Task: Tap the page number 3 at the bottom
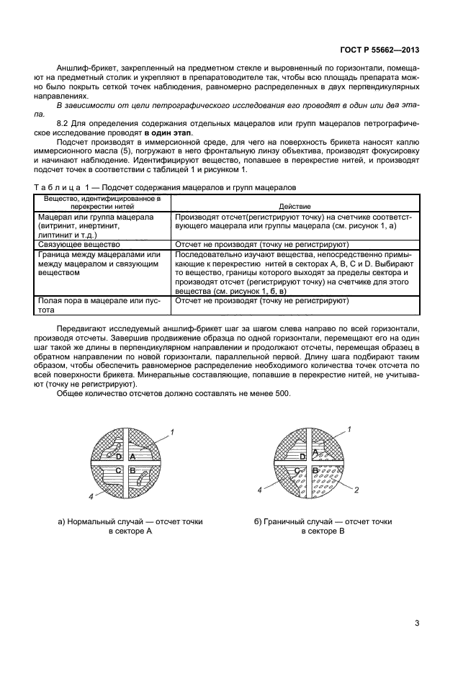click(417, 623)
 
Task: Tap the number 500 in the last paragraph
click(283, 392)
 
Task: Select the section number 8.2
click(64, 123)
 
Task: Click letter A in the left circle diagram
click(133, 457)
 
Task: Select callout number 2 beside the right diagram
click(356, 490)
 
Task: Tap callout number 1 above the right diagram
click(349, 430)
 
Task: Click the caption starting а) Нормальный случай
click(130, 526)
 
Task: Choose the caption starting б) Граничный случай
click(323, 526)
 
